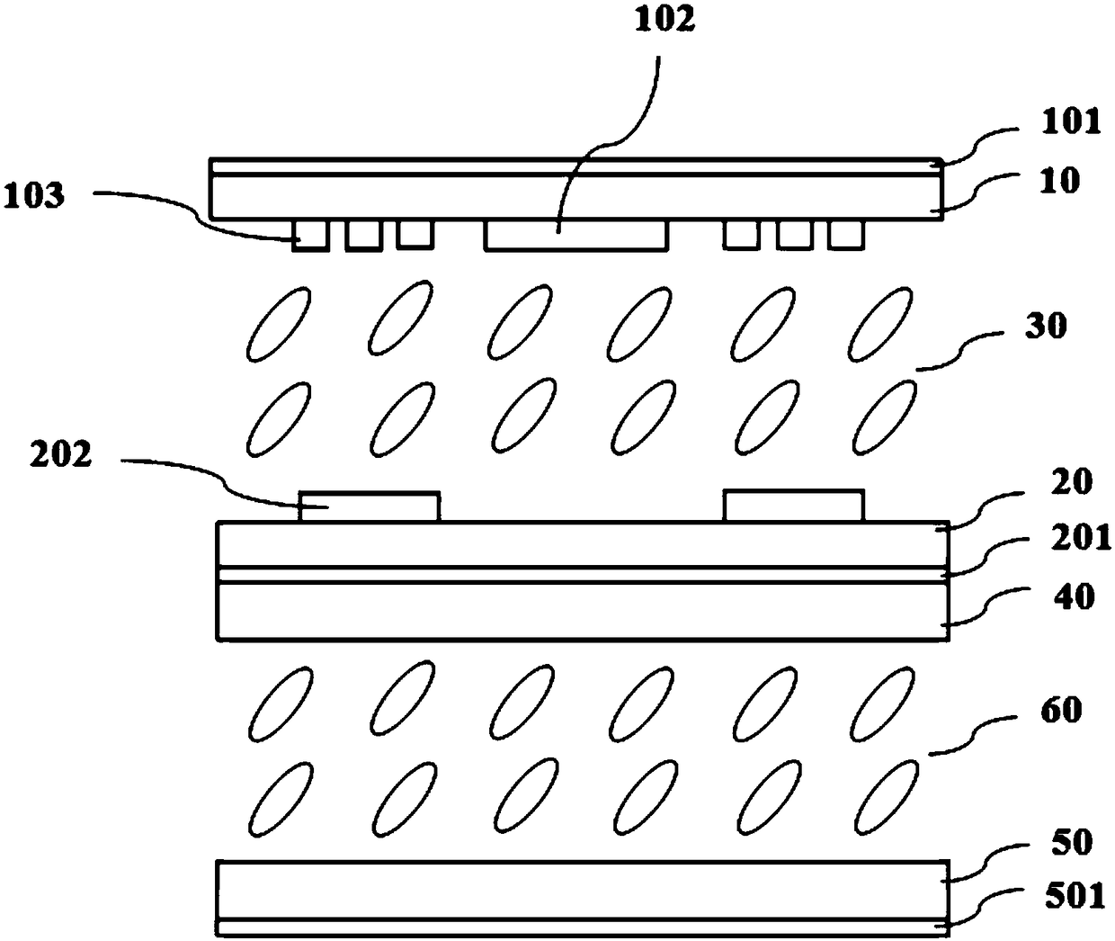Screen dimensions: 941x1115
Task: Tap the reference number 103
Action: tap(33, 195)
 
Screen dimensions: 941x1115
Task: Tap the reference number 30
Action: tap(1045, 326)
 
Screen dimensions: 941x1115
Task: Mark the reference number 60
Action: tap(1061, 711)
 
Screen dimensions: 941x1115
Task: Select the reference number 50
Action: tap(1070, 843)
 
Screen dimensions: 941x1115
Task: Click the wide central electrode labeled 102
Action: tap(576, 236)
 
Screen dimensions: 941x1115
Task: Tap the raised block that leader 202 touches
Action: tap(370, 506)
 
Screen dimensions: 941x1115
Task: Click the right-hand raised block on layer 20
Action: tap(794, 506)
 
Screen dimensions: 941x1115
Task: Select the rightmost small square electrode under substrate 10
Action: tap(845, 235)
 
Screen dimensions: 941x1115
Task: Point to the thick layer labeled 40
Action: tap(583, 612)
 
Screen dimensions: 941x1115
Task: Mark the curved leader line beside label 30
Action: tap(958, 353)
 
